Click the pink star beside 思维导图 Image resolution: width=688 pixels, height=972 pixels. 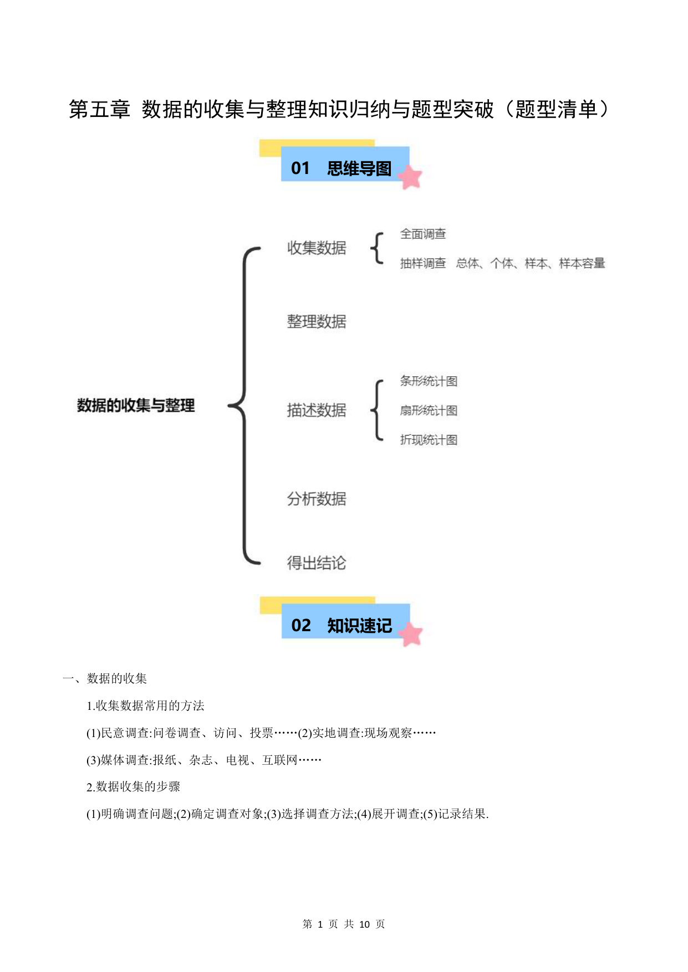pos(410,177)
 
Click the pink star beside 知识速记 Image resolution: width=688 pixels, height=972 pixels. pos(411,634)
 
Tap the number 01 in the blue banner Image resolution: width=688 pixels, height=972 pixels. pos(300,168)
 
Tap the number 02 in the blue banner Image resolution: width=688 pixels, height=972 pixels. pos(301,625)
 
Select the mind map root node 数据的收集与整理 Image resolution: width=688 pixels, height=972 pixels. pos(136,405)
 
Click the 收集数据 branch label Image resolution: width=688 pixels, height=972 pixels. pos(317,248)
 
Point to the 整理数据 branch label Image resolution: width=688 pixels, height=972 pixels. pos(317,321)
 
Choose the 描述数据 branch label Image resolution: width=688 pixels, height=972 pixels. pos(317,410)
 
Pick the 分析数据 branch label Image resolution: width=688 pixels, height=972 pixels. pos(317,499)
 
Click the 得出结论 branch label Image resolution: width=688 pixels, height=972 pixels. pos(317,563)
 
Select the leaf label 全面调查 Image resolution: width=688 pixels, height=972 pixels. pos(423,234)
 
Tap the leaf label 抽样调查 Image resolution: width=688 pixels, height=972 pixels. pos(423,263)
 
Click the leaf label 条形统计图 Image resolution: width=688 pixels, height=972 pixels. pos(429,381)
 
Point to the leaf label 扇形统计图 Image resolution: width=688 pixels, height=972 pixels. pos(429,411)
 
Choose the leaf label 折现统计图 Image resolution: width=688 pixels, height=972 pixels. pos(429,440)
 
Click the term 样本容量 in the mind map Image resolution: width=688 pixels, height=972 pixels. pos(582,263)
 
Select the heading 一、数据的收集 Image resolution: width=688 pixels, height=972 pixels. pos(105,678)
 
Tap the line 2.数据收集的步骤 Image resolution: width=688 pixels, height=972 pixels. pos(134,786)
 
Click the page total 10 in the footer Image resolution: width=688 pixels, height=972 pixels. pos(364,924)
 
